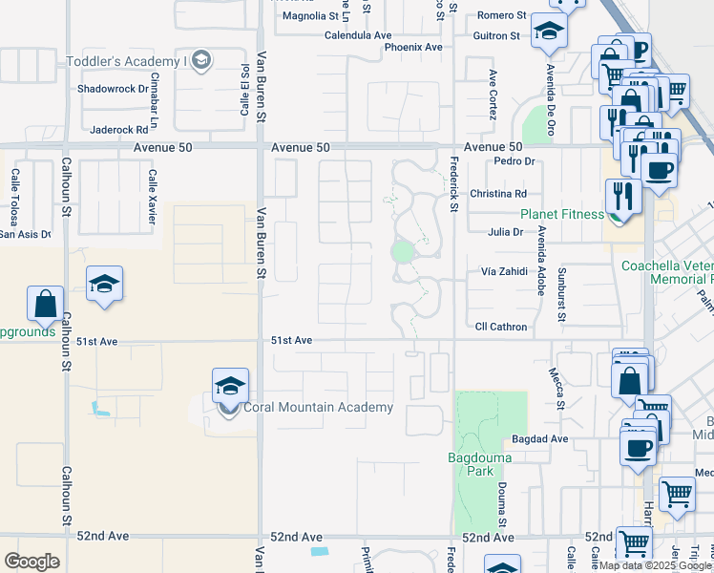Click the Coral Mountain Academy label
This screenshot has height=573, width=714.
point(318,408)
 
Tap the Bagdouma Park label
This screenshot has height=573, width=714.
point(480,464)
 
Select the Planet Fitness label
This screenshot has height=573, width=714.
point(562,215)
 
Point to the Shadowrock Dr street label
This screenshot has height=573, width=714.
point(115,89)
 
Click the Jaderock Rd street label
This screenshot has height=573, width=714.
point(119,129)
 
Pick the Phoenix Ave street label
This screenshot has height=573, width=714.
point(413,47)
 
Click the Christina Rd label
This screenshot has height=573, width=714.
point(498,193)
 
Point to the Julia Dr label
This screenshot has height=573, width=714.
point(505,232)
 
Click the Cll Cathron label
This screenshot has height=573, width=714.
point(501,327)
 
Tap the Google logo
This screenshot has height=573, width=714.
point(31,561)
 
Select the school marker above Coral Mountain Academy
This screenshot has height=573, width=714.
point(230,386)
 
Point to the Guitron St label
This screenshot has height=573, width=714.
point(496,35)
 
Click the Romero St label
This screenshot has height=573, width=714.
point(502,16)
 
